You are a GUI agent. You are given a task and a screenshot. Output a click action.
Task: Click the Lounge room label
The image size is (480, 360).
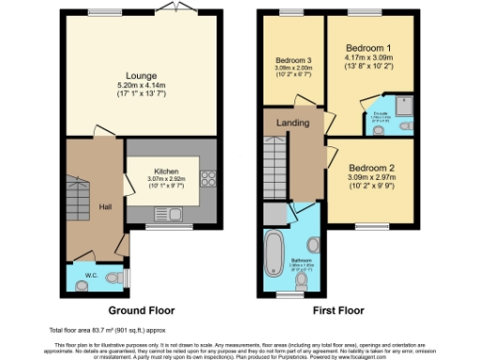click(x=142, y=75)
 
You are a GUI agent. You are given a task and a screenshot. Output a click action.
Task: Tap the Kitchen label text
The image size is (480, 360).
click(x=167, y=172)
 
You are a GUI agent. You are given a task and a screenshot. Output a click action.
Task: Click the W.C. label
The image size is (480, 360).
click(x=92, y=276)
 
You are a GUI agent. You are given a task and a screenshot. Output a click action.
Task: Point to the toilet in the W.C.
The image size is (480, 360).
click(x=113, y=277)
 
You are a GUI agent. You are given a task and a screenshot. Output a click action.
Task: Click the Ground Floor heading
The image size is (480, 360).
click(x=142, y=310)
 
